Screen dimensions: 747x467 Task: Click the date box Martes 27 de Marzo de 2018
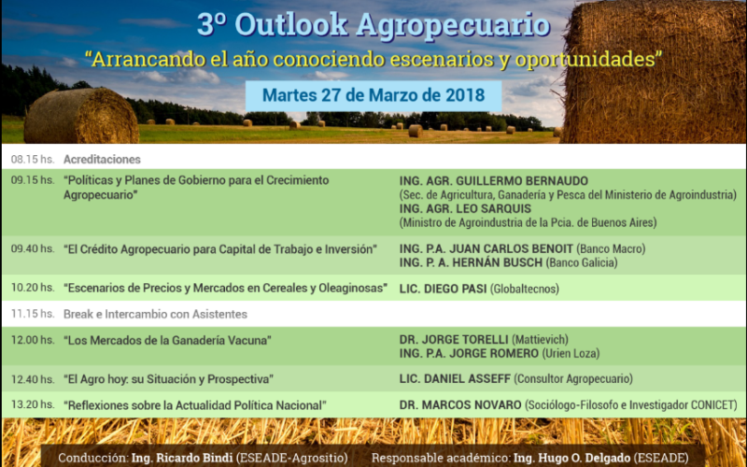coord(373,96)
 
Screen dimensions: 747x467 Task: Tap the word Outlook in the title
coord(291,24)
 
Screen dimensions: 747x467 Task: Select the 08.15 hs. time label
coord(33,159)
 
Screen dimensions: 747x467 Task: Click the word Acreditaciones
coord(102,159)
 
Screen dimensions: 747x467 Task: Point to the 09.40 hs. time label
coord(33,248)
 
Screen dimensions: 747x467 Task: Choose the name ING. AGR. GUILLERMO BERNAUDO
coord(494,181)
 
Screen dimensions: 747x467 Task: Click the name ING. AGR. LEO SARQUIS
coord(465,208)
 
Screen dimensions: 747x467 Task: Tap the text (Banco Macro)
coord(611,248)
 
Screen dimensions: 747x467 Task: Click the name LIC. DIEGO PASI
coord(443,289)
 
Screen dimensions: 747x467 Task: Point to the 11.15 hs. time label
coord(33,314)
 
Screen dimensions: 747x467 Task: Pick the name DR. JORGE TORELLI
coord(454,340)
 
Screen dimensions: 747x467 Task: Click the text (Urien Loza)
coord(571,354)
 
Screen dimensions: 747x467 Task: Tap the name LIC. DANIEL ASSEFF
coord(455,379)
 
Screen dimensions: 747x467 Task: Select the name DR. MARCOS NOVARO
coord(460,405)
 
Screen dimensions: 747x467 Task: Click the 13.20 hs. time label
coord(33,404)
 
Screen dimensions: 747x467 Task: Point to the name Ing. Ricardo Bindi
coord(181,459)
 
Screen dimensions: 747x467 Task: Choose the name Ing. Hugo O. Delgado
coord(571,459)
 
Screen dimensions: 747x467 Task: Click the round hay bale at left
coord(81,116)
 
